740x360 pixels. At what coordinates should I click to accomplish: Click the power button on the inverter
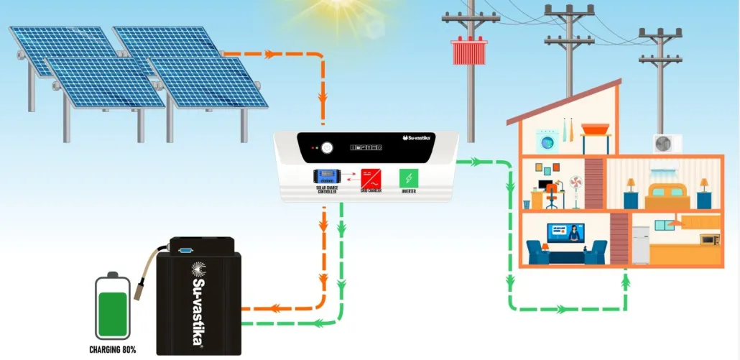click(x=328, y=148)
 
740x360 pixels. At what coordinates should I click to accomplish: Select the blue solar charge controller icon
click(x=326, y=175)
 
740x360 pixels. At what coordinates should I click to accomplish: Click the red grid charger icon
click(x=371, y=177)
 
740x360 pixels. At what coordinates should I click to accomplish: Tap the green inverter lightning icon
click(x=410, y=177)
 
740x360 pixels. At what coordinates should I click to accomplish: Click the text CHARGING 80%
click(x=114, y=350)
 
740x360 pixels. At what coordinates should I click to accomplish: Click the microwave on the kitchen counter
click(x=709, y=239)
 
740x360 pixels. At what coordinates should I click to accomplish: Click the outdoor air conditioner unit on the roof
click(x=666, y=143)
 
